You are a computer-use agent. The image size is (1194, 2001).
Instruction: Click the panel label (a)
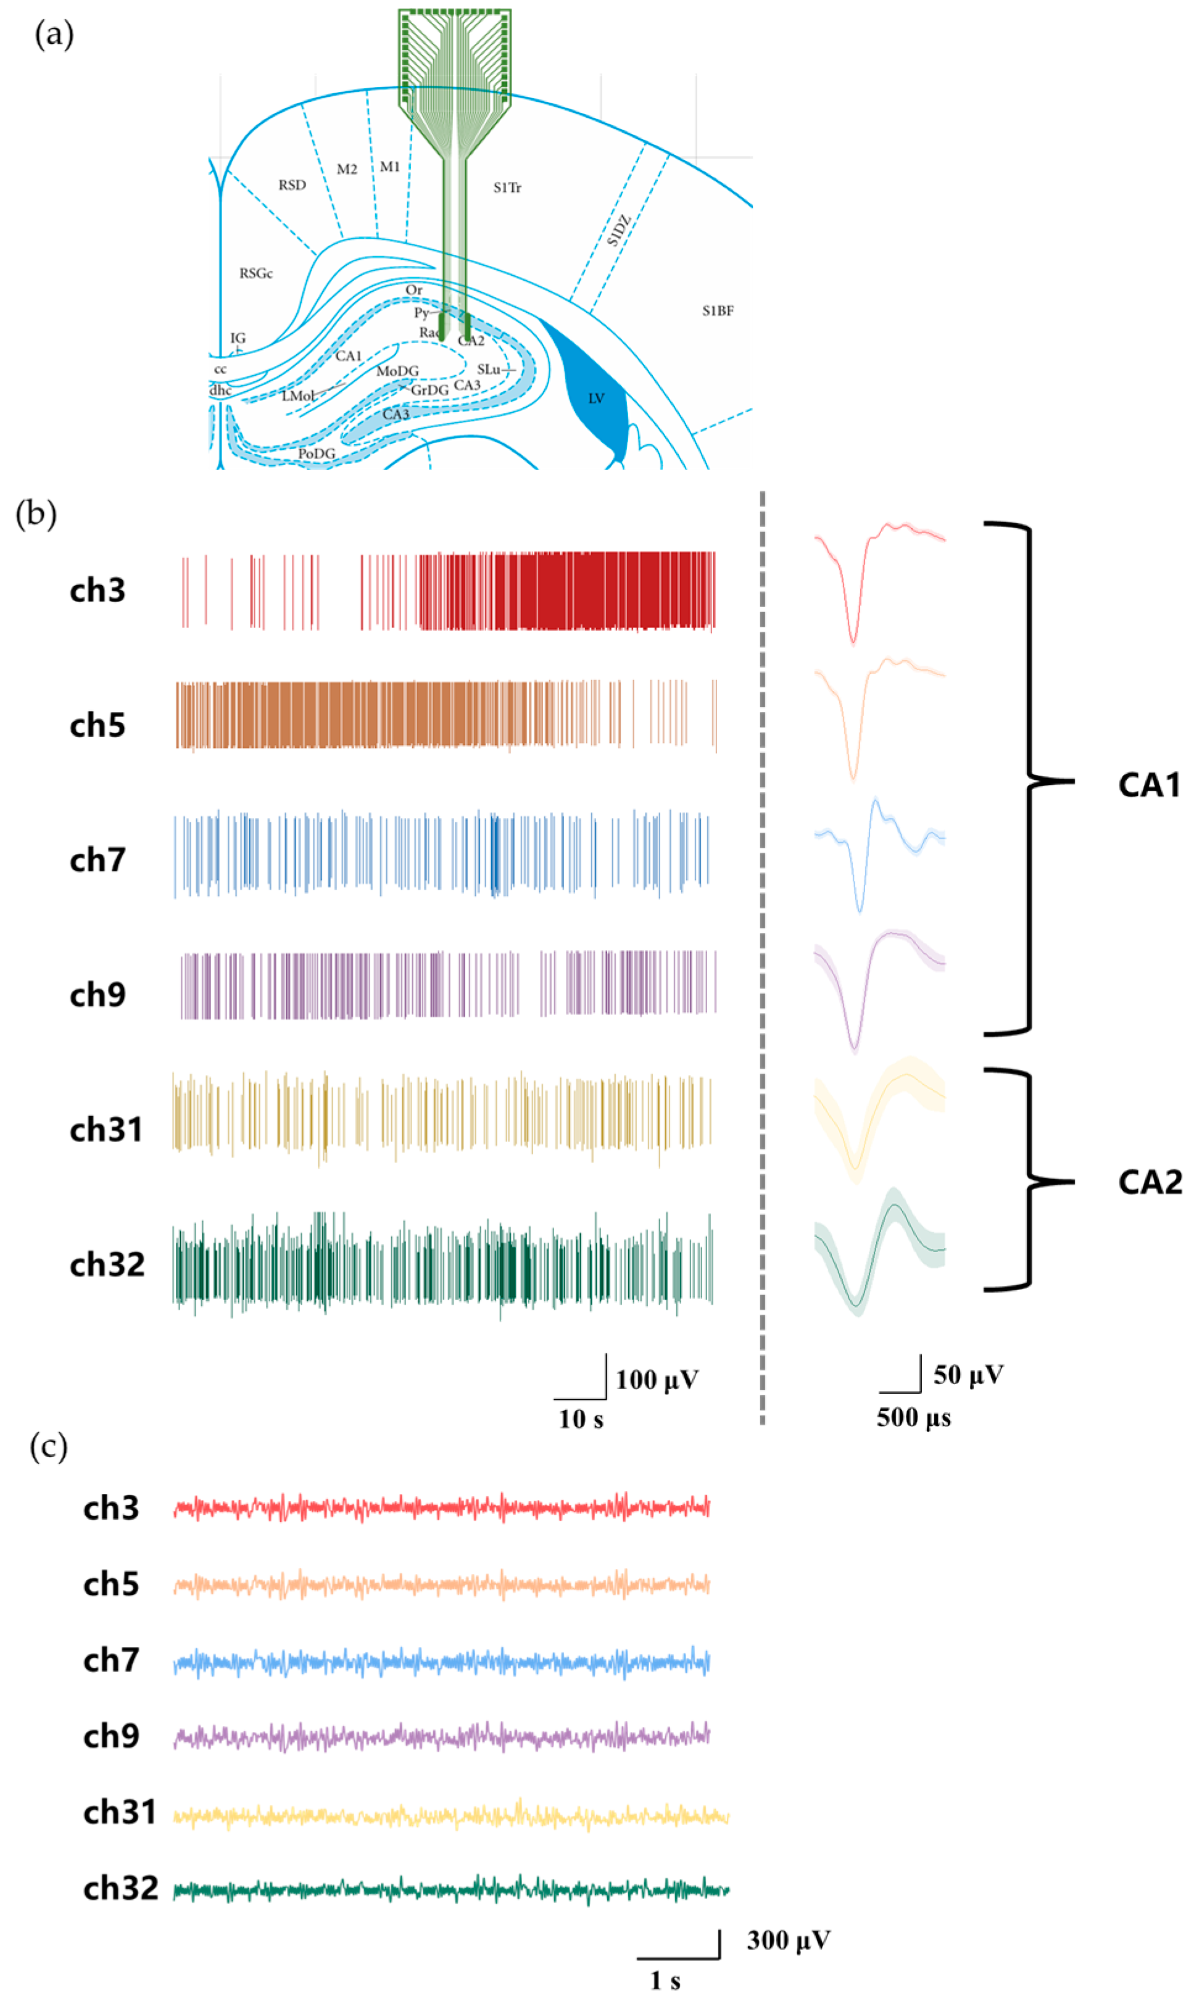[x=54, y=35]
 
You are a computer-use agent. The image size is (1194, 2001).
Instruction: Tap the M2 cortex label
[x=347, y=169]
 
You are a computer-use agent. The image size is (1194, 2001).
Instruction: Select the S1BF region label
[x=718, y=310]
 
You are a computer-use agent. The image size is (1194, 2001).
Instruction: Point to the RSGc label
[x=256, y=273]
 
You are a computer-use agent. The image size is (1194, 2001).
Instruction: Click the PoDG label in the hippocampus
[x=316, y=454]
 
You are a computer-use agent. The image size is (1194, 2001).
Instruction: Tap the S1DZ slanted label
[x=619, y=230]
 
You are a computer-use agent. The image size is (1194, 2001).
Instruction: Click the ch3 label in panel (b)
[x=97, y=591]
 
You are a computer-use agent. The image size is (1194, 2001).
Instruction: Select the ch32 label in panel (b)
[x=107, y=1265]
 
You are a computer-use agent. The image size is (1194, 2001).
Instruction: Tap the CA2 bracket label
[x=1150, y=1182]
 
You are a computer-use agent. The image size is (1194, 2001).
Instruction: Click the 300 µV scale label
[x=788, y=1940]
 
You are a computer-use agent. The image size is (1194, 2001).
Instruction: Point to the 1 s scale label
[x=665, y=1980]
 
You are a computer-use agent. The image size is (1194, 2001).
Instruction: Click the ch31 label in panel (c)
[x=119, y=1812]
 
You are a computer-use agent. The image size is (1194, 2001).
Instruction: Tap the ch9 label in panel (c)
[x=111, y=1736]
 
